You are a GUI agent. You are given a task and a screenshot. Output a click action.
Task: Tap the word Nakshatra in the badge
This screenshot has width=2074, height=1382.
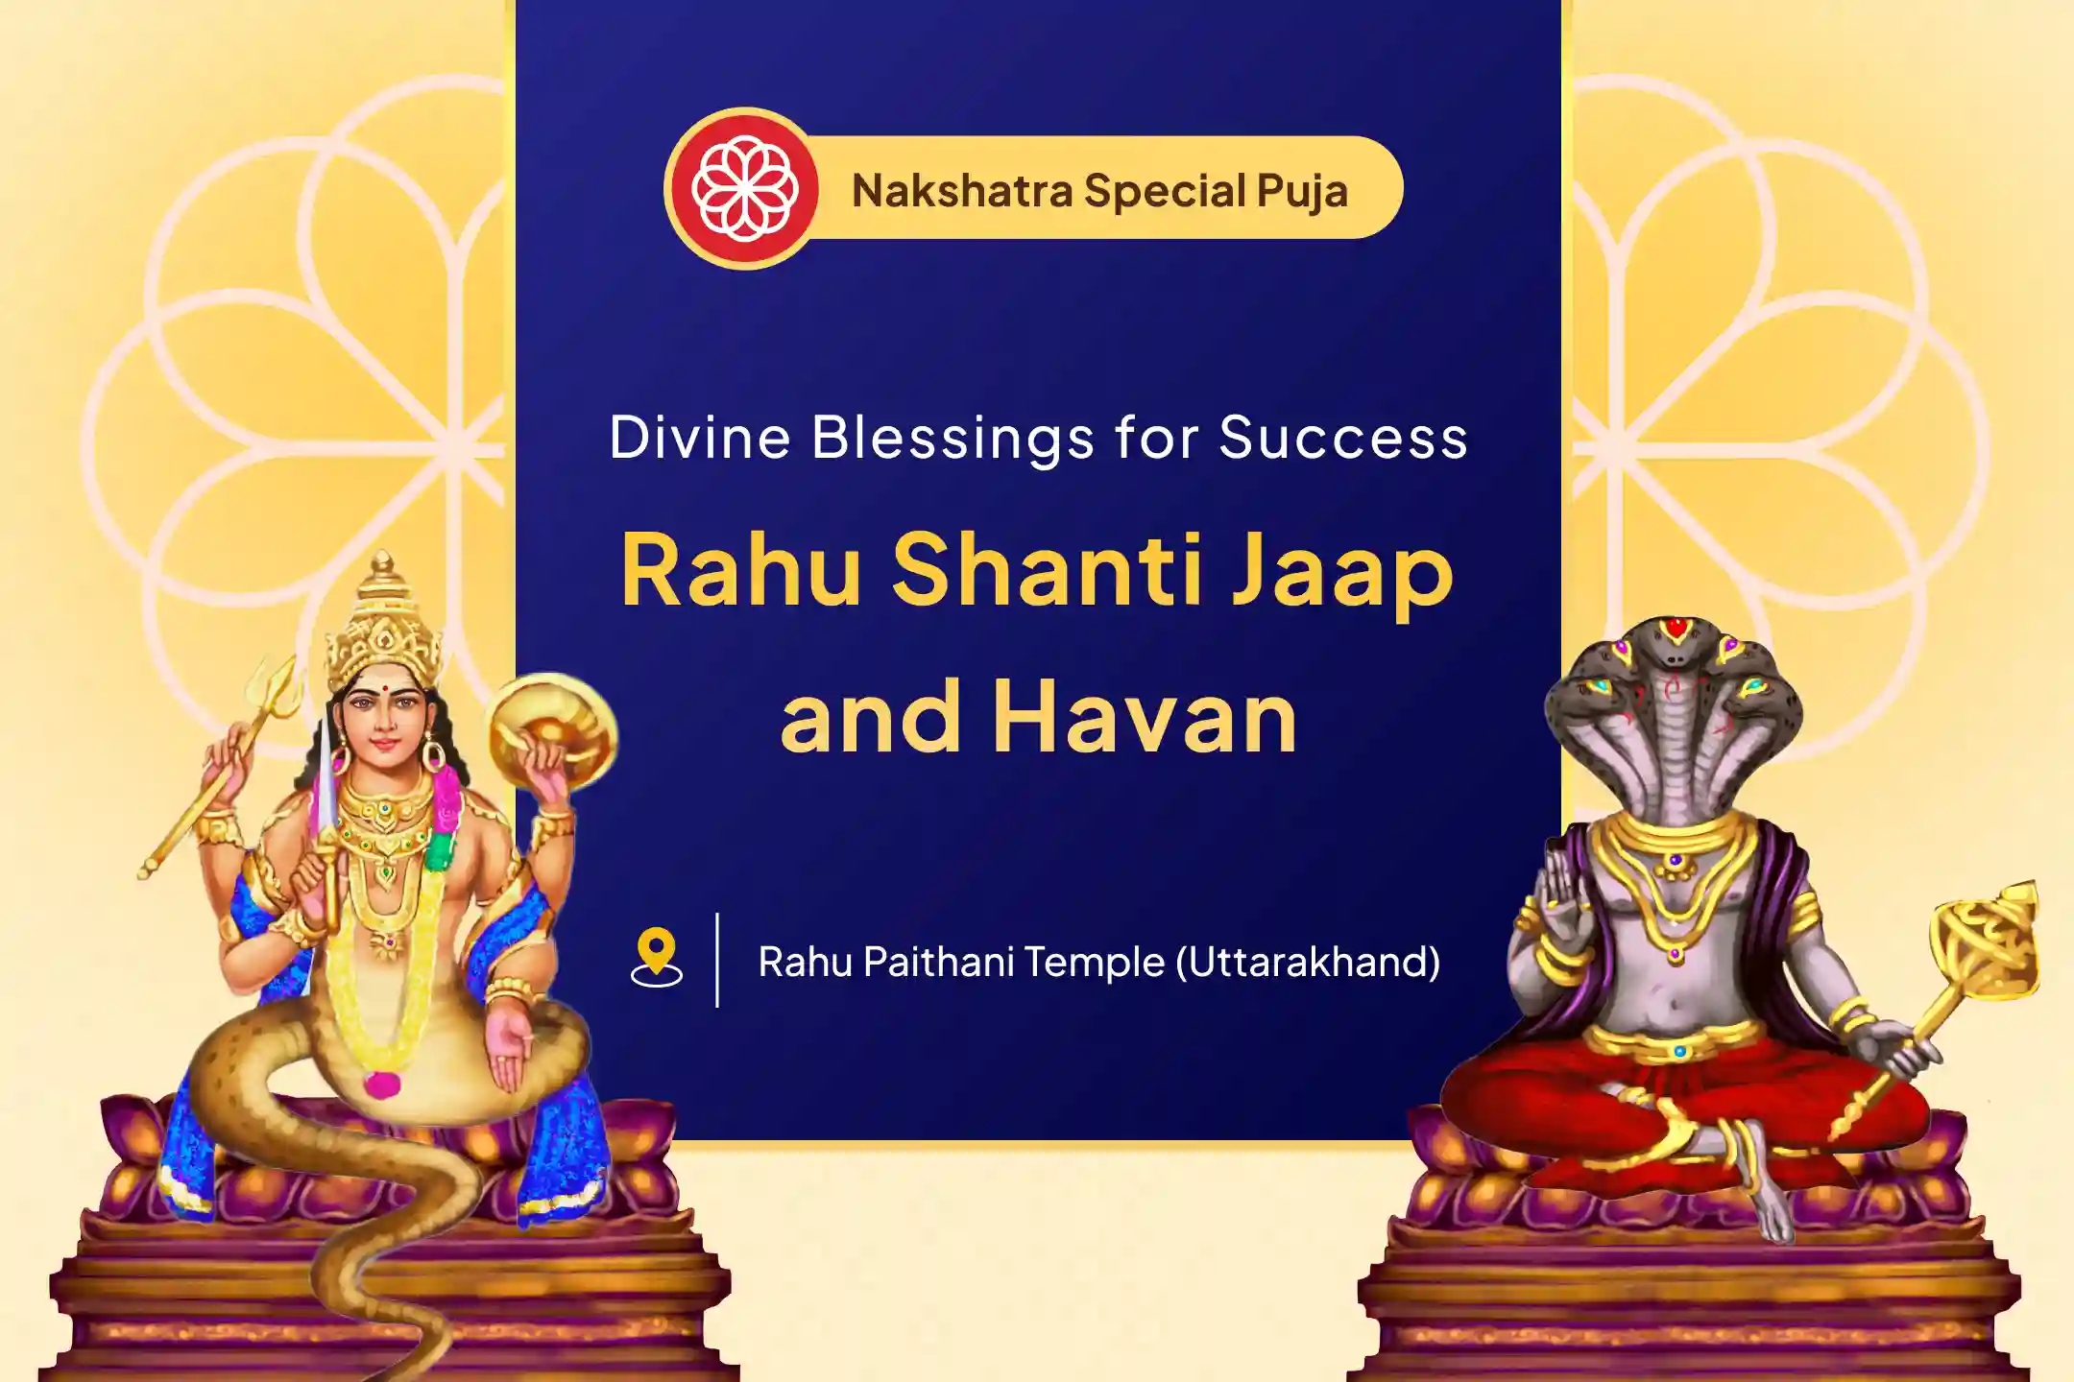961,190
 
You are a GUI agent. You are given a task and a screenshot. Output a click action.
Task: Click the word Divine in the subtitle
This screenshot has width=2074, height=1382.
700,438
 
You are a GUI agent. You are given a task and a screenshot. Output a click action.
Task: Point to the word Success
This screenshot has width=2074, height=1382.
1343,439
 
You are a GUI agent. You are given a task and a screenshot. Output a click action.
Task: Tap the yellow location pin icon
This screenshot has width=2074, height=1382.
657,958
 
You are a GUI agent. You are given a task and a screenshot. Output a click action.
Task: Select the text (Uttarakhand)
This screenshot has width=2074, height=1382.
1308,962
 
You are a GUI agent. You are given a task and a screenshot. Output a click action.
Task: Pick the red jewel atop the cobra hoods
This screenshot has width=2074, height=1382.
1676,631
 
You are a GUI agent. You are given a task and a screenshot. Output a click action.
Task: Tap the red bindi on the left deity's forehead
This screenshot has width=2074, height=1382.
379,689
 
